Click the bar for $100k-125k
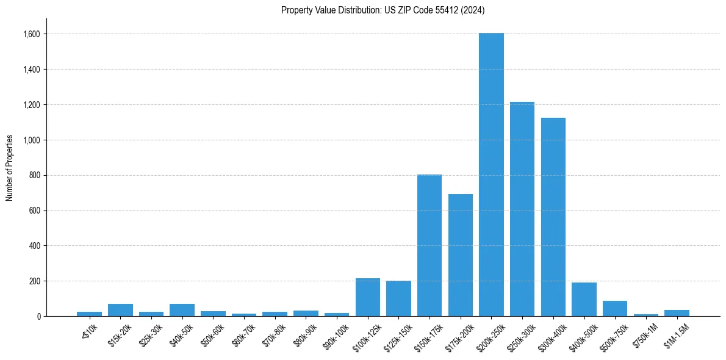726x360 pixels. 367,298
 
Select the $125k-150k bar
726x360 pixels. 398,299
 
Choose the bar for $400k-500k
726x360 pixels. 584,300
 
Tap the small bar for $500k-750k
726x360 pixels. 615,309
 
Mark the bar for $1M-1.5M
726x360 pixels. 677,313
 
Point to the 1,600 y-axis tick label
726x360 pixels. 31,34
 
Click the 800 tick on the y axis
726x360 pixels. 34,176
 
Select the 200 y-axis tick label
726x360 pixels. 34,281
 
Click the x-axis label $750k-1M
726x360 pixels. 646,334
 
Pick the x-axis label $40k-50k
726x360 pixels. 182,334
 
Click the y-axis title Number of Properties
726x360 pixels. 10,168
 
